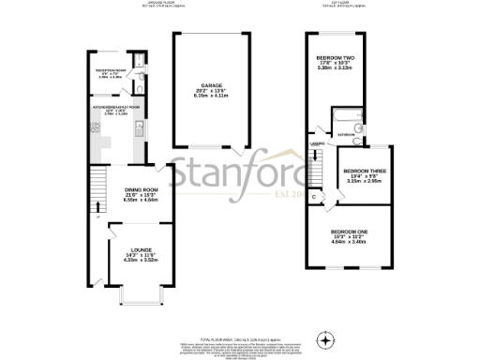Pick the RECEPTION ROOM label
click(110, 69)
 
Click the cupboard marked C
click(313, 196)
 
